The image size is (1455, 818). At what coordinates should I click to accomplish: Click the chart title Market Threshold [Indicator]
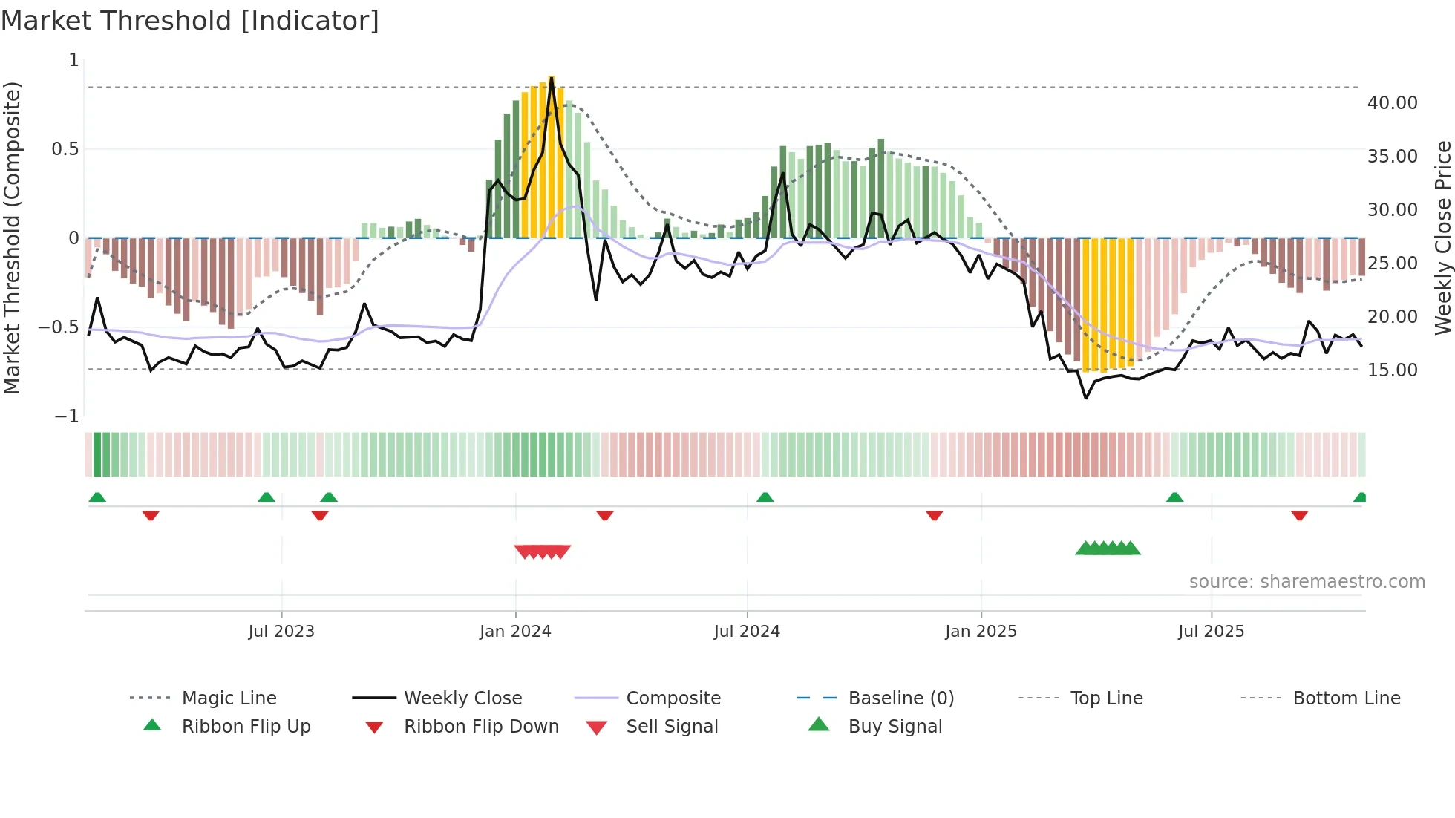(x=190, y=21)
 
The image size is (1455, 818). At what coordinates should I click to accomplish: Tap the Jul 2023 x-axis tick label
(x=281, y=632)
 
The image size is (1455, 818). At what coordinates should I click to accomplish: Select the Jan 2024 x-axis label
(x=515, y=632)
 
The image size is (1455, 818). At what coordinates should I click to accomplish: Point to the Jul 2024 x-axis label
(x=747, y=632)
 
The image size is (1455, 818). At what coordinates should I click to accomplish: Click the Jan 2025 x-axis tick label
(x=981, y=632)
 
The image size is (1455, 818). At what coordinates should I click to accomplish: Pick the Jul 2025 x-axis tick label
(x=1211, y=632)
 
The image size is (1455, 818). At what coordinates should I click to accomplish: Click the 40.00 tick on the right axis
(x=1392, y=103)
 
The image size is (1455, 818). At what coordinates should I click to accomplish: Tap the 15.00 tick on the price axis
(x=1392, y=370)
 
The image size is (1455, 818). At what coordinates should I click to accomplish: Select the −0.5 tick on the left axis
(x=59, y=327)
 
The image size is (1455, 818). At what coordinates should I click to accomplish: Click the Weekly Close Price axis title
(x=1442, y=238)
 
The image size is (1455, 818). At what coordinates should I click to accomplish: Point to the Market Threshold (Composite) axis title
(x=12, y=238)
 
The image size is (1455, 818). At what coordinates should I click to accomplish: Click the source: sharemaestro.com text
(x=1307, y=582)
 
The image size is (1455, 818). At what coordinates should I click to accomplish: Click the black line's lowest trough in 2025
(x=1086, y=399)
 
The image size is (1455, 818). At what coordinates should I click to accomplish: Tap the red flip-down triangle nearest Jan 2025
(x=934, y=515)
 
